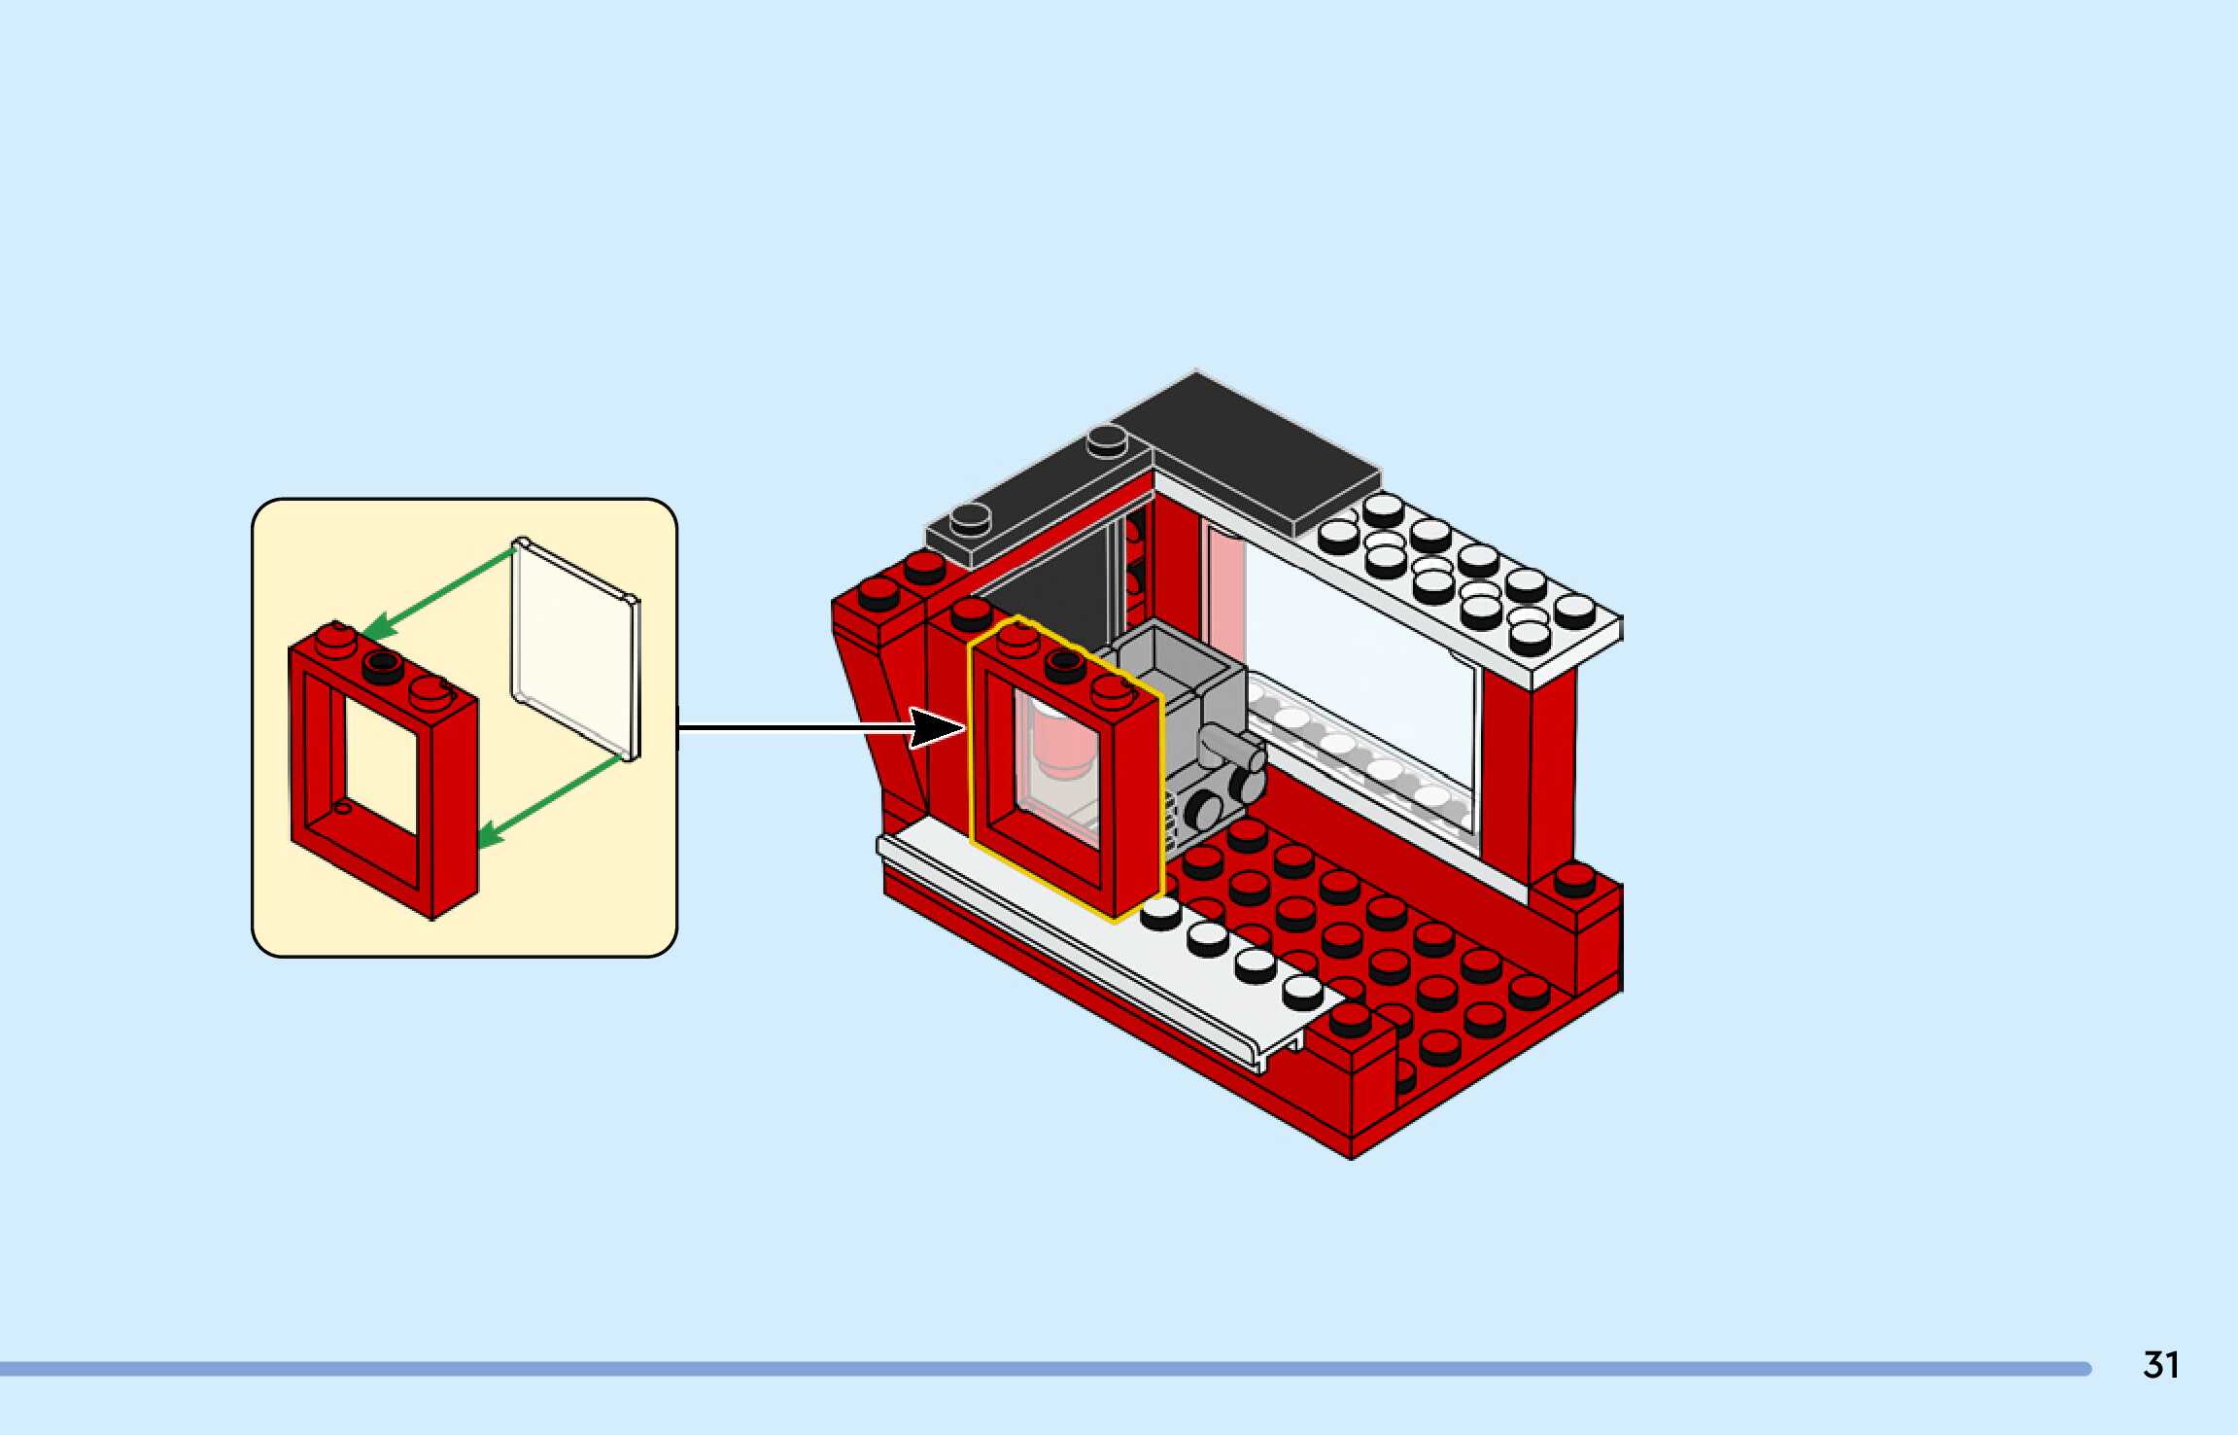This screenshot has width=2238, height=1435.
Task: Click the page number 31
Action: (x=2160, y=1365)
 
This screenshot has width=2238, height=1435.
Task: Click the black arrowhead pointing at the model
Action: (x=935, y=727)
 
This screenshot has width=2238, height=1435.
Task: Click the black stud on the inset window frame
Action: (x=383, y=665)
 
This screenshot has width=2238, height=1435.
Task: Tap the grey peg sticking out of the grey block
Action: (x=1230, y=747)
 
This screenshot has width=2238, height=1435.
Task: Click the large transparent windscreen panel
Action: (x=1360, y=661)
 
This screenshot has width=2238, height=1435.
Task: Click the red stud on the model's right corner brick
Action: (x=1574, y=878)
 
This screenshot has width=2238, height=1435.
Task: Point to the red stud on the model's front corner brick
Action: (x=1350, y=1018)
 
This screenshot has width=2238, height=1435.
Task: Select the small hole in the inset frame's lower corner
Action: (x=342, y=808)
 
